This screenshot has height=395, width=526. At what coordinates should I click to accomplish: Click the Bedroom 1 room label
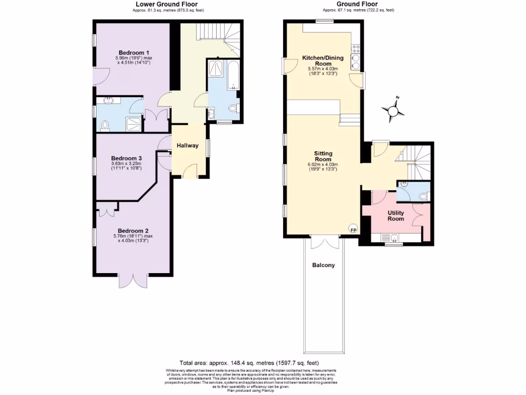coord(134,52)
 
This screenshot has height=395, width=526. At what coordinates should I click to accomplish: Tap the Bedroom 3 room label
coord(126,158)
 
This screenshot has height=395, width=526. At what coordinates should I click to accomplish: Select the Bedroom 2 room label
coord(133,230)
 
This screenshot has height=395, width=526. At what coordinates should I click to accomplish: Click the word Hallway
coord(187,146)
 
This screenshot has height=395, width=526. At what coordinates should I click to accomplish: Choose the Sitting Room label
coord(323,156)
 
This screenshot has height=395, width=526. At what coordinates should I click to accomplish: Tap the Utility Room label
coord(396,216)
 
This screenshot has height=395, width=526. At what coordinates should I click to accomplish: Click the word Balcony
coord(324,265)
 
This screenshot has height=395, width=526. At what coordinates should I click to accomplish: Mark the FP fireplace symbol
coord(353,229)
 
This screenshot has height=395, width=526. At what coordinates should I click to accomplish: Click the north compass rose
coord(393,110)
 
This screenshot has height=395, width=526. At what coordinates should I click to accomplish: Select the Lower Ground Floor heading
coord(163,4)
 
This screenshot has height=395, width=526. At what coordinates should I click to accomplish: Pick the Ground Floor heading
coord(358,4)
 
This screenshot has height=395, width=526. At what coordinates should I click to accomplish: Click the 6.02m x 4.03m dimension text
coord(323,165)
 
